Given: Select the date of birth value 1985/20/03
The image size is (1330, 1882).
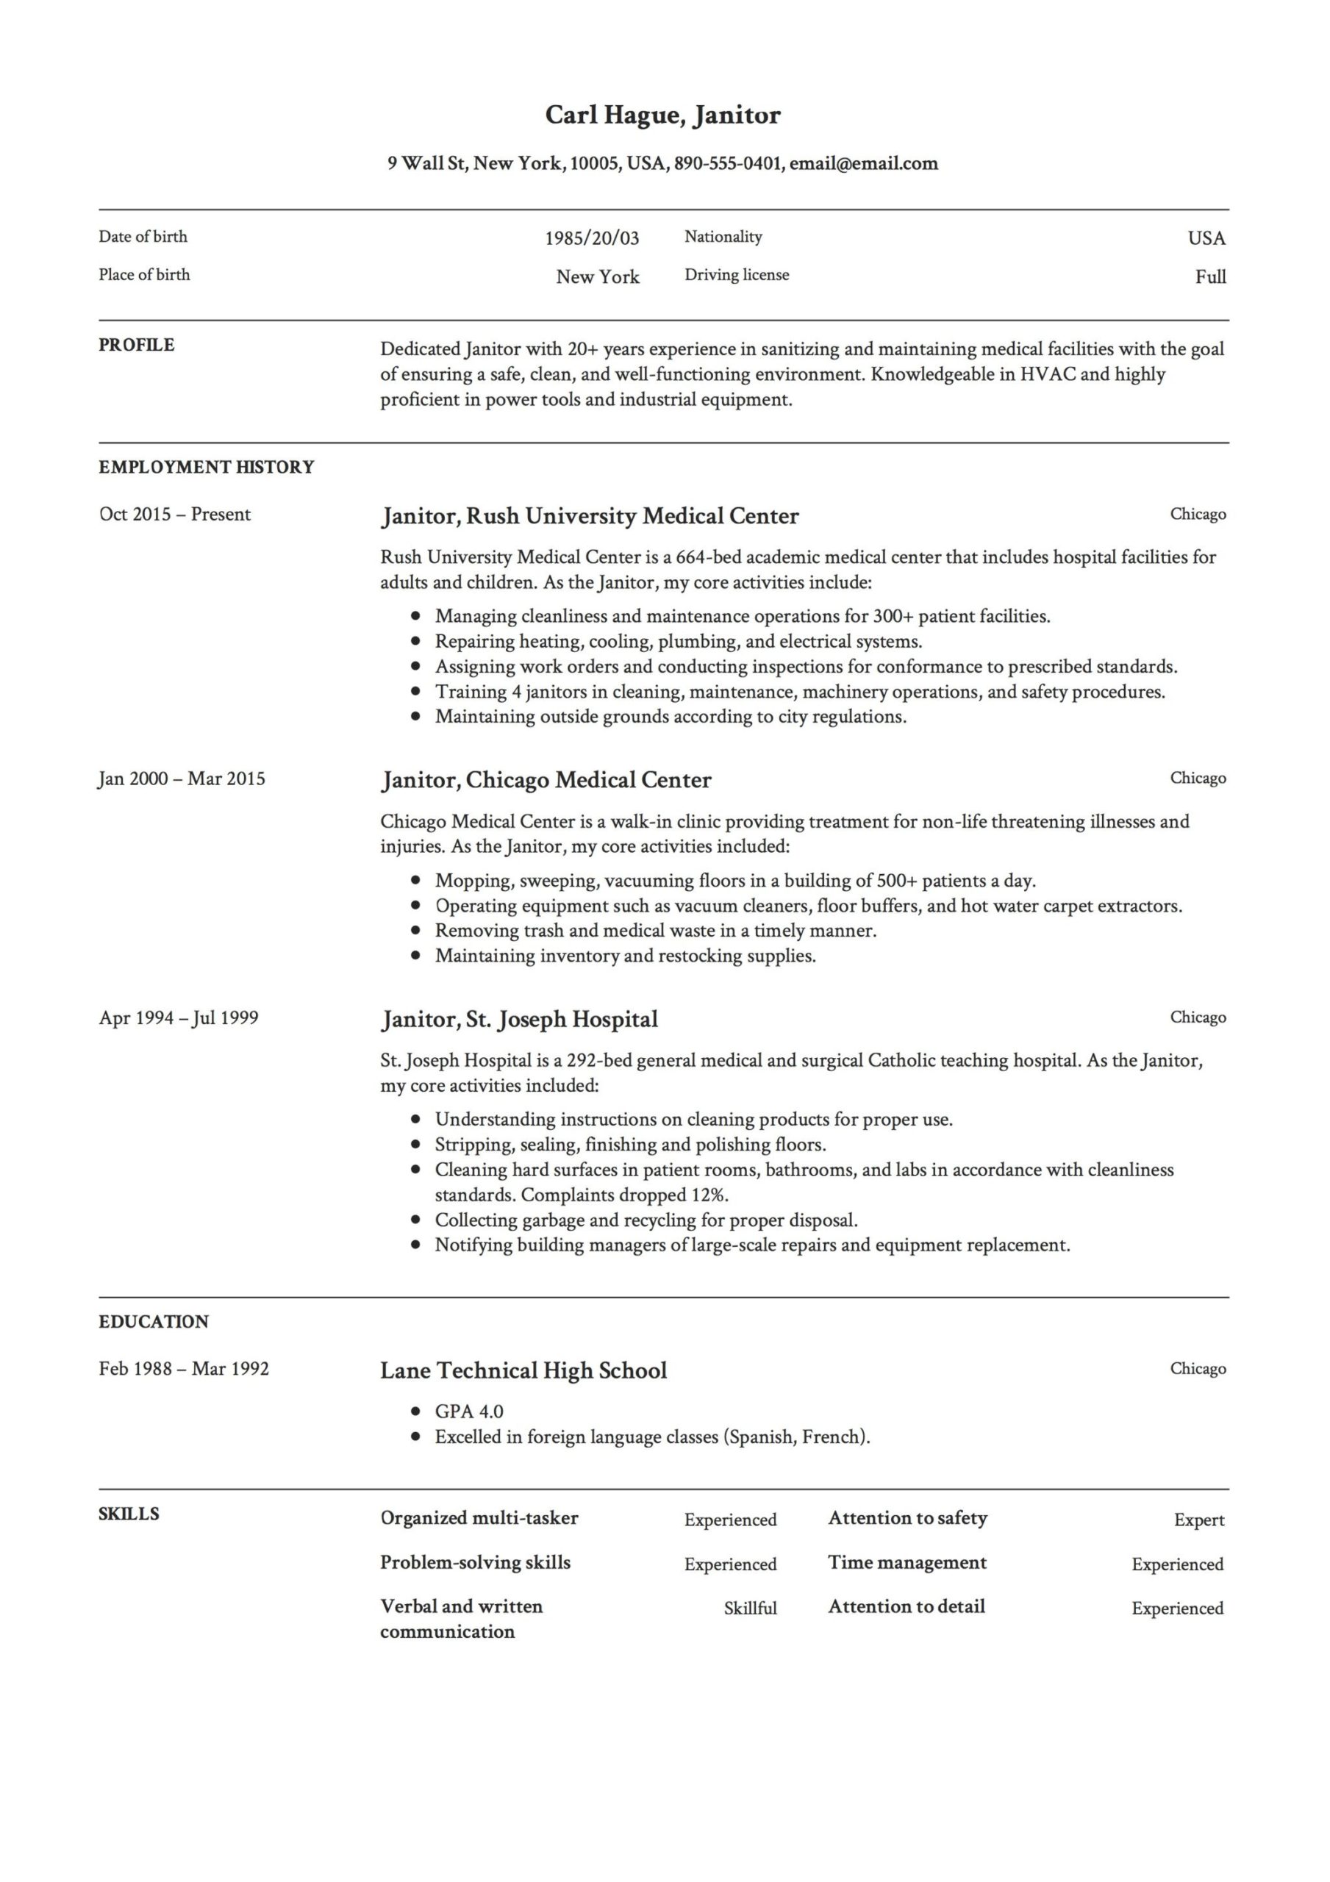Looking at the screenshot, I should coord(591,238).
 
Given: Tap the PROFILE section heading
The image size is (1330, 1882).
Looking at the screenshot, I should coord(136,345).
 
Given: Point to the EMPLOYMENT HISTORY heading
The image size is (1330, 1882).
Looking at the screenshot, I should coord(206,468).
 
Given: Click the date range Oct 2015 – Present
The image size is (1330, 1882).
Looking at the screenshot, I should coord(175,515).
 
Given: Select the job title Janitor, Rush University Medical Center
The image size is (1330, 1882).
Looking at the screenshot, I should coord(589,516).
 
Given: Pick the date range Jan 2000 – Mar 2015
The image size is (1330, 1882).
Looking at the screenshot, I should coord(182,779).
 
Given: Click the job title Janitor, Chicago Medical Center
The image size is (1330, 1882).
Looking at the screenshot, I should coord(546,780).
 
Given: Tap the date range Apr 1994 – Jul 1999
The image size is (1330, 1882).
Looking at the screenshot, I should coord(179,1018).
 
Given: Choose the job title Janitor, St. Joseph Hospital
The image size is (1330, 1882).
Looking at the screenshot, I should coord(519,1020).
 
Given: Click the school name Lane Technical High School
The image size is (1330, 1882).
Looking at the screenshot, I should coord(523,1370).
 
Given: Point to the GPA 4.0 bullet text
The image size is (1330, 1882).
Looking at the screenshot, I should coord(468,1411).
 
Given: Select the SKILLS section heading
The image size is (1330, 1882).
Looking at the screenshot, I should coord(129,1514).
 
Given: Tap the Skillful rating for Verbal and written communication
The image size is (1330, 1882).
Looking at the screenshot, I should coord(749,1609).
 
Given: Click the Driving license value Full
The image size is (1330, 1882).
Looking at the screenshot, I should coord(1209,277).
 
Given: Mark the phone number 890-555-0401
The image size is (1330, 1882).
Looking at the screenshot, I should coord(726,164).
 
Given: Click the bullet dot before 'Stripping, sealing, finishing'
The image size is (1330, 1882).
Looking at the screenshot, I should coord(417,1145).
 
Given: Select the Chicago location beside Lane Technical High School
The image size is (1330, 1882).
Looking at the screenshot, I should coord(1197,1369).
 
